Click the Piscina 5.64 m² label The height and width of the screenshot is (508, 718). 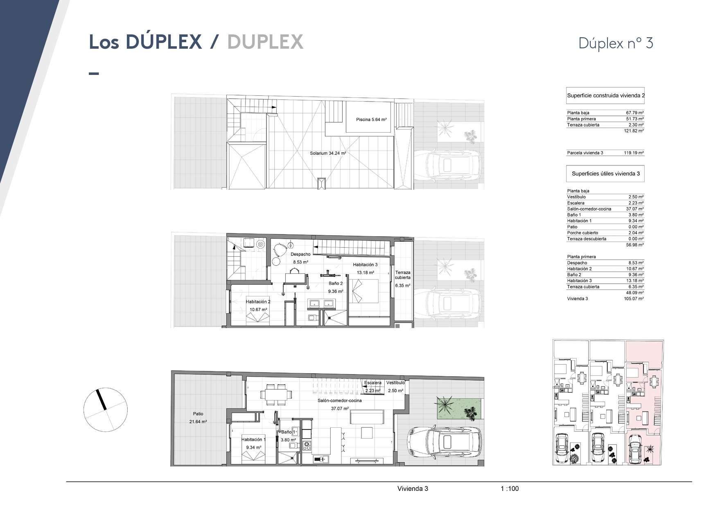pyautogui.click(x=371, y=120)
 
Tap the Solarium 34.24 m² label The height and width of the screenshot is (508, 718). pyautogui.click(x=328, y=154)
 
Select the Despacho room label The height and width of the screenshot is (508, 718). pyautogui.click(x=300, y=254)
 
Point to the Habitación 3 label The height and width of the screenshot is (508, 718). pyautogui.click(x=365, y=265)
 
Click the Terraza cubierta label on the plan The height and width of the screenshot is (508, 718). pyautogui.click(x=403, y=275)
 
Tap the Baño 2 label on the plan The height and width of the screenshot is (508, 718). pyautogui.click(x=336, y=283)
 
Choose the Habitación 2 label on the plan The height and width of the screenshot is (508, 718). pyautogui.click(x=258, y=302)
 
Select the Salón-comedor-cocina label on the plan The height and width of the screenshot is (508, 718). pyautogui.click(x=340, y=401)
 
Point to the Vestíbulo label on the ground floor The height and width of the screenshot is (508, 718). pyautogui.click(x=395, y=383)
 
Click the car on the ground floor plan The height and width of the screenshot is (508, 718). pyautogui.click(x=443, y=445)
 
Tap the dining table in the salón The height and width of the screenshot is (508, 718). pyautogui.click(x=278, y=394)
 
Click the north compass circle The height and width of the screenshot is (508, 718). pyautogui.click(x=106, y=410)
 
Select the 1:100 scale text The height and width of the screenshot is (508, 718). pyautogui.click(x=510, y=488)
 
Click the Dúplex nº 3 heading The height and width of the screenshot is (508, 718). pyautogui.click(x=616, y=43)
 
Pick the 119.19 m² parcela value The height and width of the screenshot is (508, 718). pyautogui.click(x=634, y=153)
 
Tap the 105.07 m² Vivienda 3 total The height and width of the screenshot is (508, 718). pyautogui.click(x=634, y=299)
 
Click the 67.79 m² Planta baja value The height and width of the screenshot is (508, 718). pyautogui.click(x=635, y=113)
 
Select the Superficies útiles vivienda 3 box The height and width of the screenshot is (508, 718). pyautogui.click(x=605, y=174)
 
